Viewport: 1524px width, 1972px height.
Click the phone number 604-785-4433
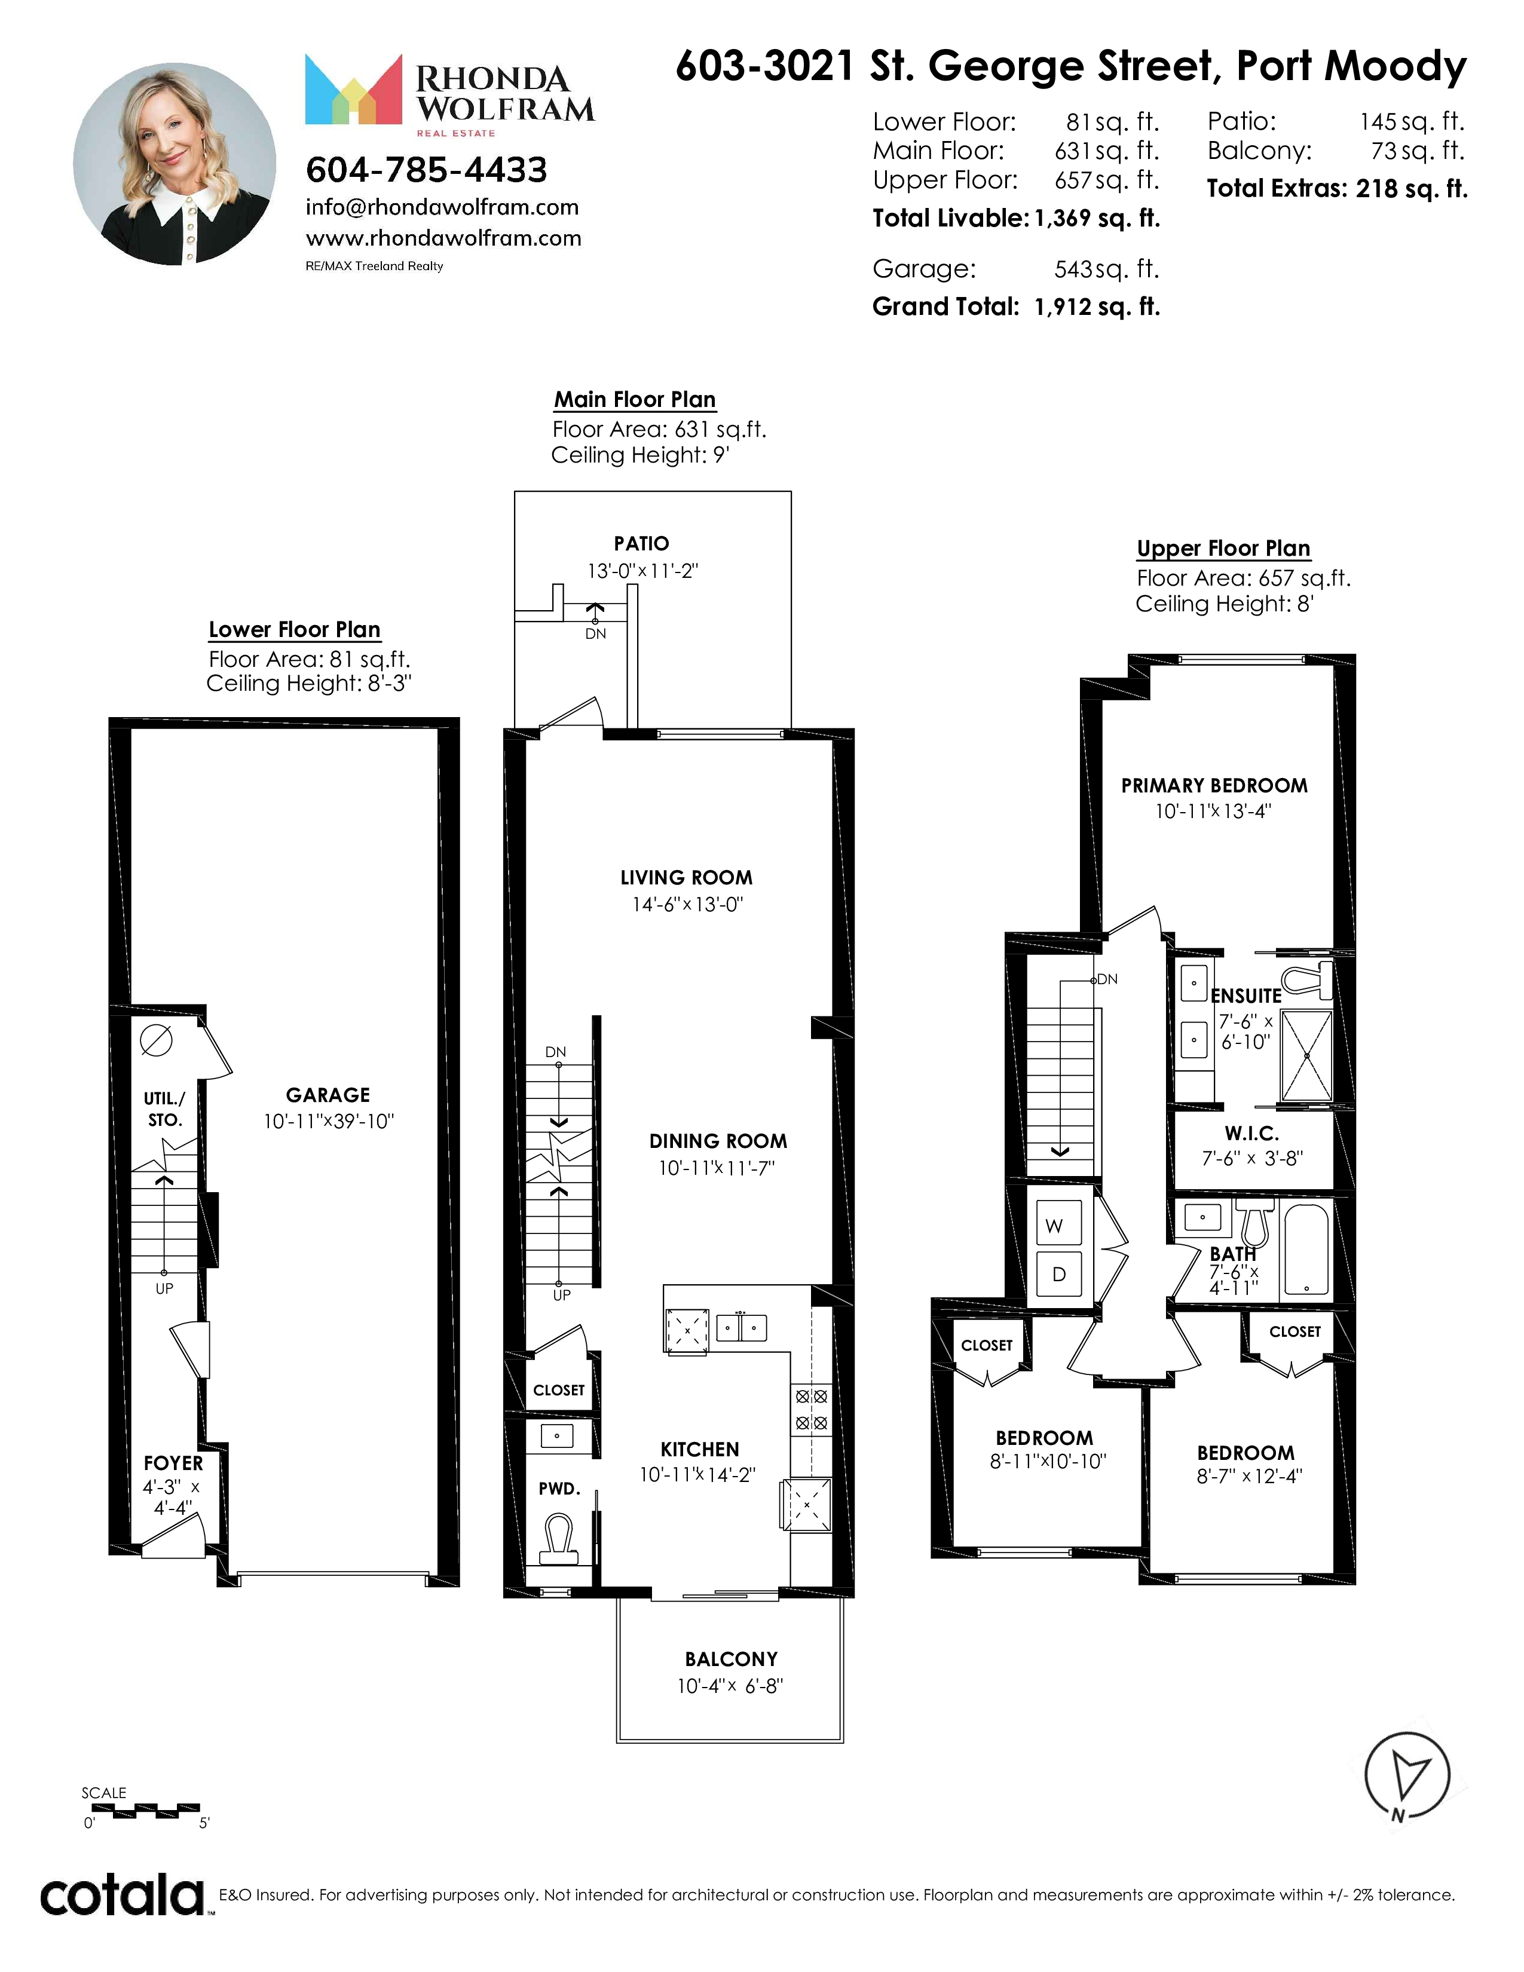click(426, 170)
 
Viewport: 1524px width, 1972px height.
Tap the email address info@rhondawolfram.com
click(442, 208)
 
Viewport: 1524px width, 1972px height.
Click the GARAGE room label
click(328, 1095)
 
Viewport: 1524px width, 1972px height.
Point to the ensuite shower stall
click(1306, 1055)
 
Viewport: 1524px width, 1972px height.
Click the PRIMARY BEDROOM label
click(1214, 786)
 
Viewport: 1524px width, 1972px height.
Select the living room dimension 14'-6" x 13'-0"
click(687, 904)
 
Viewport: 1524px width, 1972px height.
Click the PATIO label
click(642, 544)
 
